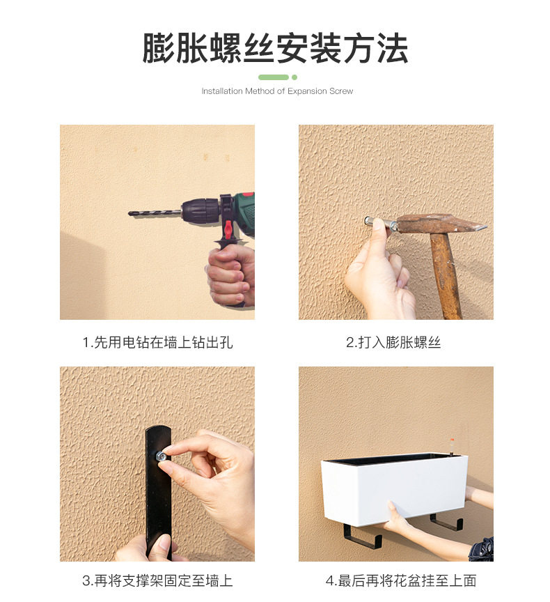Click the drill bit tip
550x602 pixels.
click(x=129, y=213)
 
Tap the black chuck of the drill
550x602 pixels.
click(x=200, y=210)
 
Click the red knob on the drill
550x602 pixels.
click(x=228, y=228)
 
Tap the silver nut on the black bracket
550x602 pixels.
click(x=161, y=456)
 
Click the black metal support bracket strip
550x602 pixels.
click(x=158, y=491)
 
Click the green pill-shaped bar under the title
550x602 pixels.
click(x=274, y=77)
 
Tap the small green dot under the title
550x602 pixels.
click(x=294, y=77)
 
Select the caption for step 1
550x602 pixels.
click(x=157, y=342)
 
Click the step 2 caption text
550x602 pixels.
click(x=393, y=342)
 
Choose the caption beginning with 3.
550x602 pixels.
click(x=157, y=580)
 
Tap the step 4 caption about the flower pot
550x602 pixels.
click(x=401, y=580)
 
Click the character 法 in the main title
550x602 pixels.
click(x=393, y=48)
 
